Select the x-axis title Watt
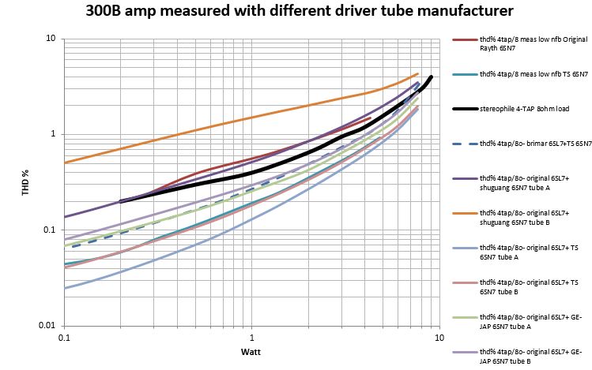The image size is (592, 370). [x=249, y=351]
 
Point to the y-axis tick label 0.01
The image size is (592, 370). [x=47, y=326]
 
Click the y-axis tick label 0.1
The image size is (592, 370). [x=50, y=230]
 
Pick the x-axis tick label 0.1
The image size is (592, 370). [x=65, y=337]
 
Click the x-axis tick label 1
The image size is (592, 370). [x=251, y=337]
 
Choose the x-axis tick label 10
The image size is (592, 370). [x=437, y=337]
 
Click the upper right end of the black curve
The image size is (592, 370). [x=431, y=77]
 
